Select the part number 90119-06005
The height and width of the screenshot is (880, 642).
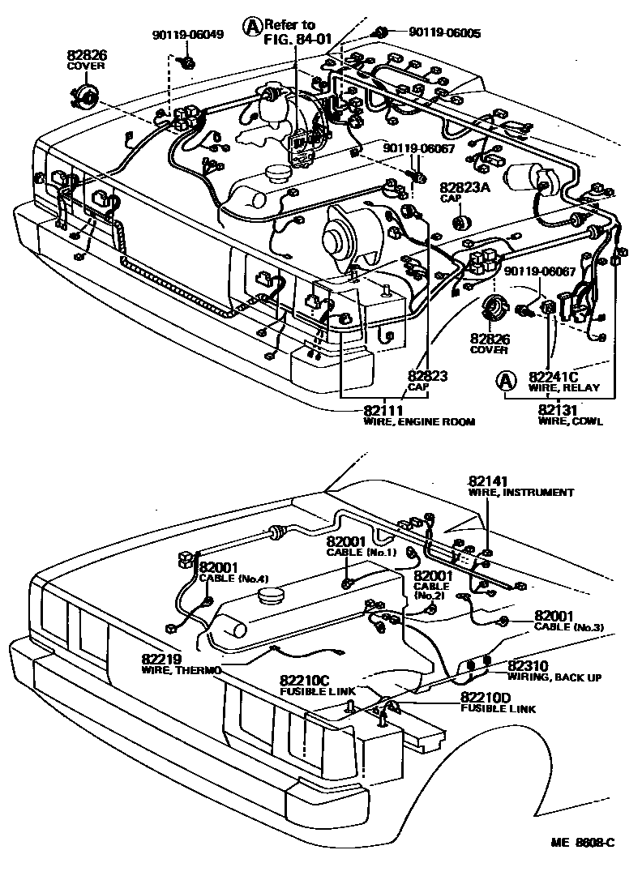pyautogui.click(x=444, y=32)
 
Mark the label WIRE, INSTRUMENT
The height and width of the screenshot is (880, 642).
pyautogui.click(x=520, y=492)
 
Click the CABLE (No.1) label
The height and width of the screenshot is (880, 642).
pyautogui.click(x=361, y=552)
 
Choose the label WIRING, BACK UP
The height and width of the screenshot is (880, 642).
pyautogui.click(x=554, y=677)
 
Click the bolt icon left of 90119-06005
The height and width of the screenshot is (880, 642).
pyautogui.click(x=379, y=32)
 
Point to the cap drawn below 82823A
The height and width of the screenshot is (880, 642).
pyautogui.click(x=463, y=221)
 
